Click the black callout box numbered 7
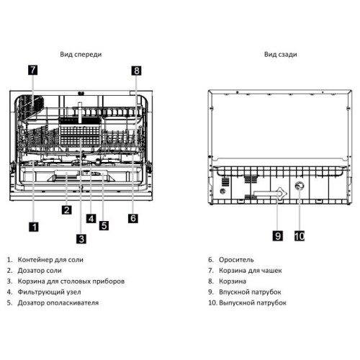33,70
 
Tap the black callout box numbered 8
136,71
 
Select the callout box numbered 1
34,227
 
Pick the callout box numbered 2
67,210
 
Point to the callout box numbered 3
81,239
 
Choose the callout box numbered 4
91,218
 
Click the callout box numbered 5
104,225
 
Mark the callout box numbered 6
133,218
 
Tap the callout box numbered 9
278,236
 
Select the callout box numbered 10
300,236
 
